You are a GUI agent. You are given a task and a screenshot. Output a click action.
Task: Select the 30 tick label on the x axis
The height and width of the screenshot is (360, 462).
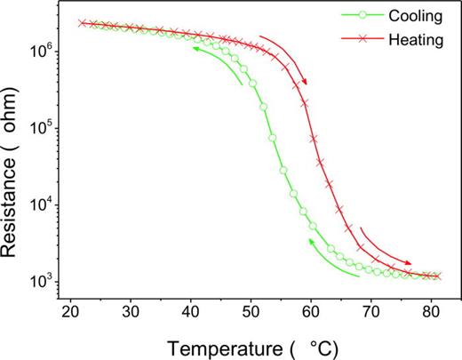(131, 313)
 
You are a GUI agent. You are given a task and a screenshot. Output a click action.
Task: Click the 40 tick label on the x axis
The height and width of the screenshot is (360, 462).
(191, 313)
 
